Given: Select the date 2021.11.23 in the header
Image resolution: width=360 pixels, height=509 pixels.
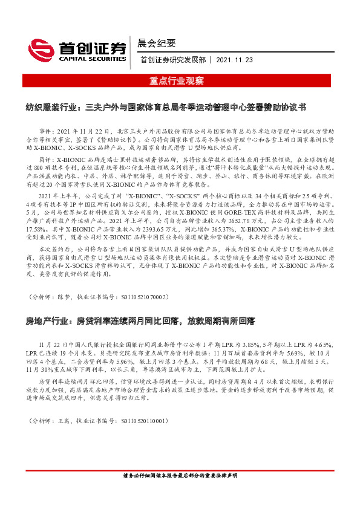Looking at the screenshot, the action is (235, 60).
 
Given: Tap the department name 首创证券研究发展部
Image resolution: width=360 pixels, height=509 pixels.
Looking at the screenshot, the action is (172, 60).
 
